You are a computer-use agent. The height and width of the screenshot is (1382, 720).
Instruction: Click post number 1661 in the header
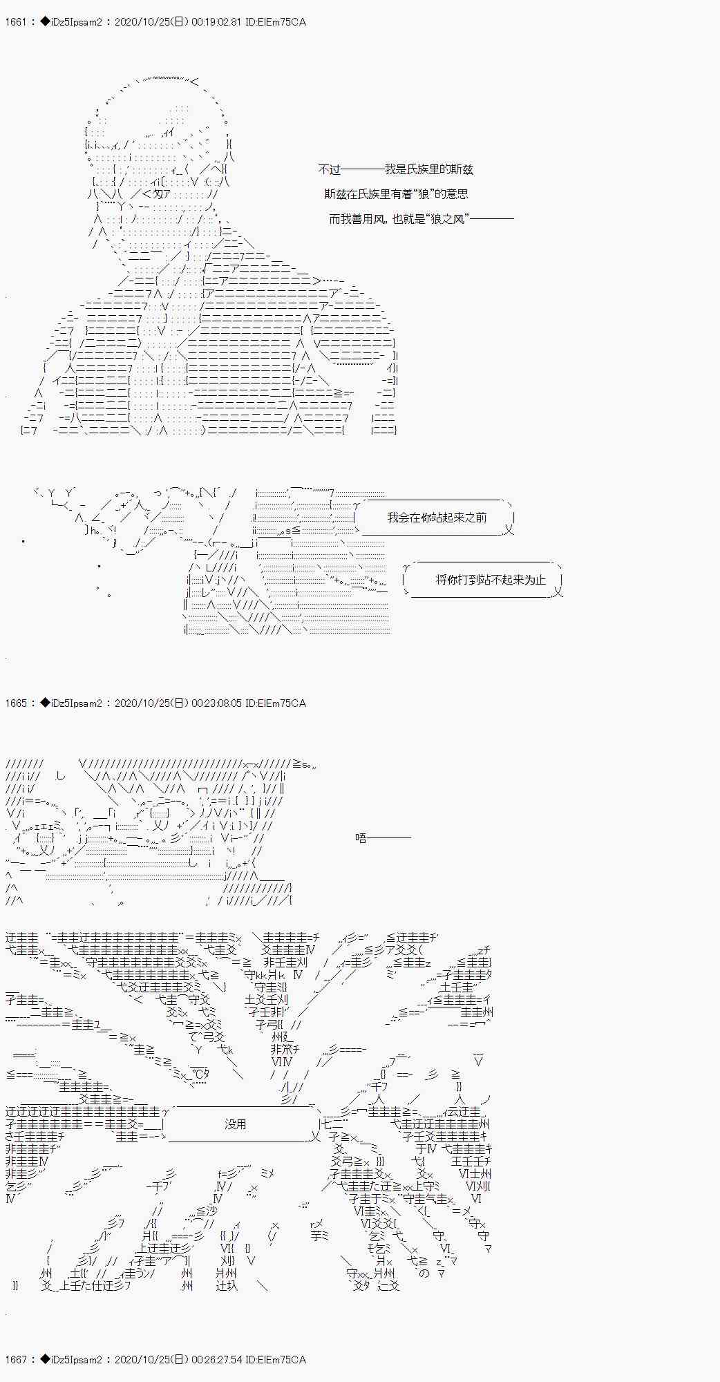point(15,22)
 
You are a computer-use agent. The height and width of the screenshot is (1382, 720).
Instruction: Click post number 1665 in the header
point(15,703)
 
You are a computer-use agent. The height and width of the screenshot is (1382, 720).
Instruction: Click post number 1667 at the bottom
point(15,1360)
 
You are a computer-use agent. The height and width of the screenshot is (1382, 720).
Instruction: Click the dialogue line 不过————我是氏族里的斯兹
point(395,169)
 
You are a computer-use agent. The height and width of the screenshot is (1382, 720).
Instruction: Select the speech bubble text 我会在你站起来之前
point(437,518)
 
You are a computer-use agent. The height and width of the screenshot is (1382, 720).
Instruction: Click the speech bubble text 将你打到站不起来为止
point(491,580)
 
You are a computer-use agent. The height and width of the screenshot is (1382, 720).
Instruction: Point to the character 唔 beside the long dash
point(361,838)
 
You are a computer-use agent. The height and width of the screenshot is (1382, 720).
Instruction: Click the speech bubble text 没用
point(236,1124)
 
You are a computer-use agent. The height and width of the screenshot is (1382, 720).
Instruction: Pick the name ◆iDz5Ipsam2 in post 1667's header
point(70,1360)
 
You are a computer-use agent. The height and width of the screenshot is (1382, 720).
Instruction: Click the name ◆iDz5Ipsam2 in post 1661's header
point(70,22)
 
